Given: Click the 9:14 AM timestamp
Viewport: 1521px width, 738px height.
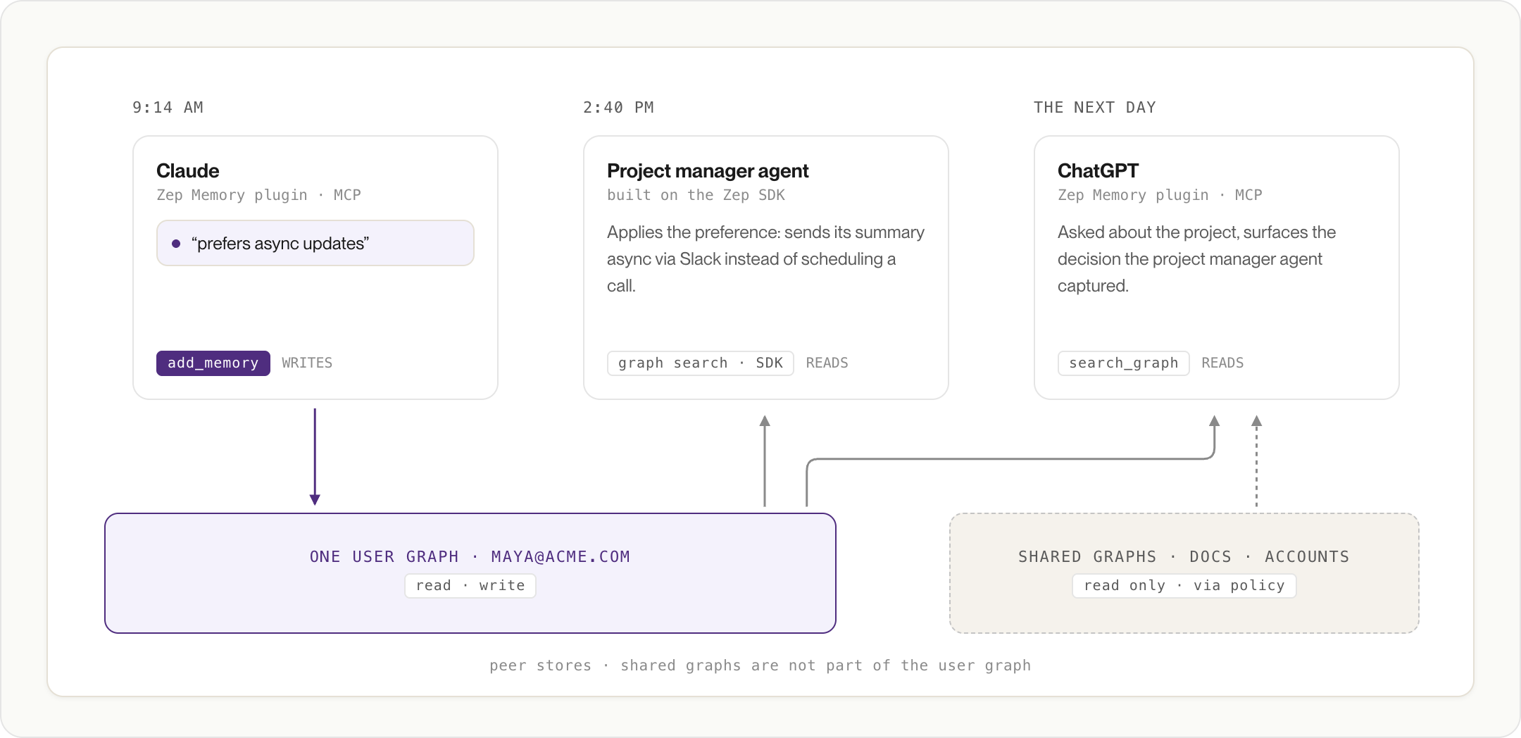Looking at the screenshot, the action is pos(168,107).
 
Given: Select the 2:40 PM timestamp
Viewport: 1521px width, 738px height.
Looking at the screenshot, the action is pos(618,107).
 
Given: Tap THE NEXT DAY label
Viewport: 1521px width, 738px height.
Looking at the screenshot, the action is pos(1094,107).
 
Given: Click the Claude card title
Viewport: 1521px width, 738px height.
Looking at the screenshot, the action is pos(187,170).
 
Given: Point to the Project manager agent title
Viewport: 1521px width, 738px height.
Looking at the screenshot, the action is pos(708,170).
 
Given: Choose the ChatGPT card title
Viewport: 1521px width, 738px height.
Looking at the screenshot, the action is pos(1098,170).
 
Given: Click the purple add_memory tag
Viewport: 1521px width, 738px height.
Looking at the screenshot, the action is pos(213,363).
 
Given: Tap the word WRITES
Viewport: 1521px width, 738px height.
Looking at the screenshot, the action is pos(307,363).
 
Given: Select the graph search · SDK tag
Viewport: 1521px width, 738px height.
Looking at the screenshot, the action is pos(701,363).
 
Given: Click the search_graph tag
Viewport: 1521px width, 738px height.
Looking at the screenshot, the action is pos(1124,363).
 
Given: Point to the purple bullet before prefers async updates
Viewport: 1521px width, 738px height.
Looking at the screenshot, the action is pos(176,244).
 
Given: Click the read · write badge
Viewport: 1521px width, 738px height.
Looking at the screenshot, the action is pos(470,586).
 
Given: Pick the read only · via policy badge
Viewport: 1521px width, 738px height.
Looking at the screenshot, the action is pos(1184,586).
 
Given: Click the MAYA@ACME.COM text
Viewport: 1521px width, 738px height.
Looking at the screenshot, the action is pos(561,556).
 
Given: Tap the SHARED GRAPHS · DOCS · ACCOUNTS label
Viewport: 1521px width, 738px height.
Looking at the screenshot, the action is pos(1184,556).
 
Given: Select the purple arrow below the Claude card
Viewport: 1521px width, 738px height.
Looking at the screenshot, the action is pos(315,457).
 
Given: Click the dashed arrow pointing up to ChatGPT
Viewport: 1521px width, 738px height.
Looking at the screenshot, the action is pos(1256,461).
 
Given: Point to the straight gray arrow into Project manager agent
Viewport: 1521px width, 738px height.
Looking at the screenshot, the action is pos(765,461).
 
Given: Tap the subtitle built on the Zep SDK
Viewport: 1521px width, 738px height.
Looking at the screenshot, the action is pos(696,195).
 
